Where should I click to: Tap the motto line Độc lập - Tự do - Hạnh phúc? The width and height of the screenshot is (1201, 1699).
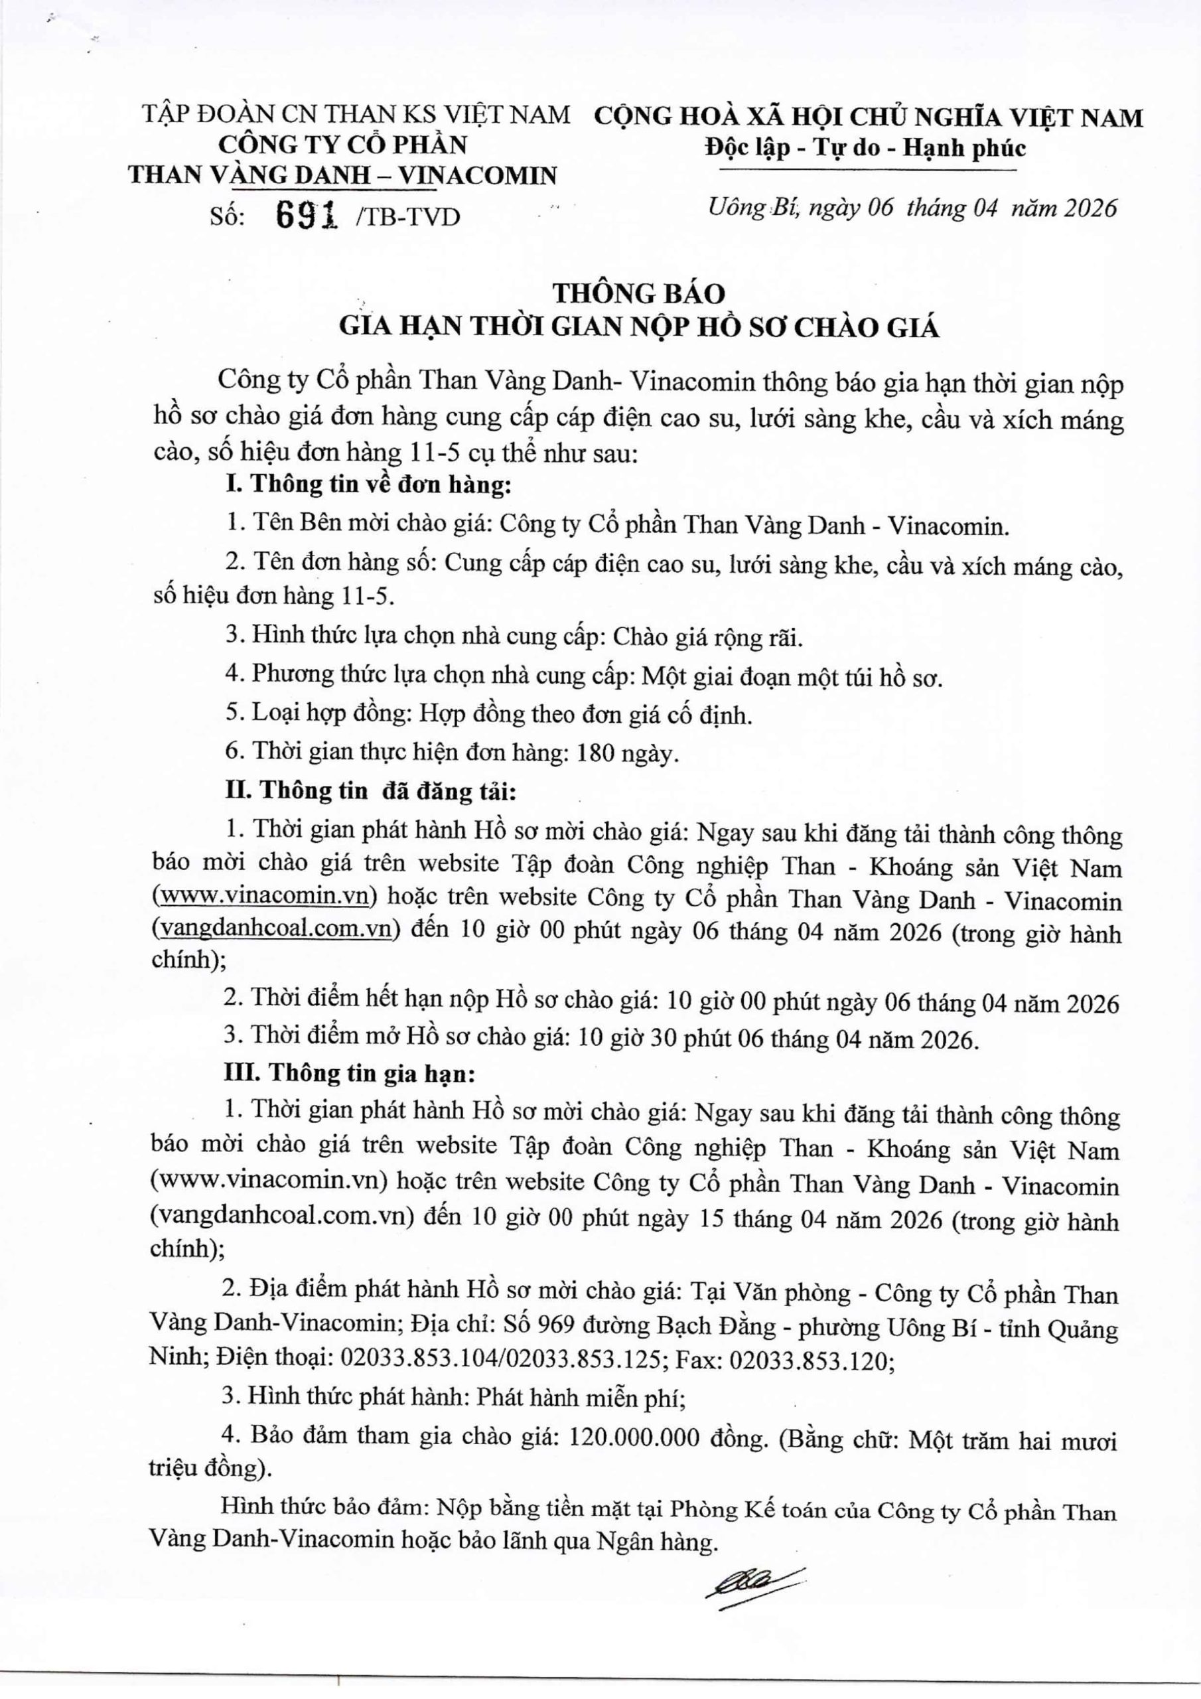point(865,149)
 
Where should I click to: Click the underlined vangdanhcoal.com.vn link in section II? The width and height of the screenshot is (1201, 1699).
point(274,929)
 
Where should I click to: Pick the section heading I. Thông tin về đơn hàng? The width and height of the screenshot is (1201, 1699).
point(368,484)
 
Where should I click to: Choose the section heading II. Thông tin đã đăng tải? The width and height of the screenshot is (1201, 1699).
point(370,792)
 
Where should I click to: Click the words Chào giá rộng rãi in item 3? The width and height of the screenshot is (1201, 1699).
point(708,637)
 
